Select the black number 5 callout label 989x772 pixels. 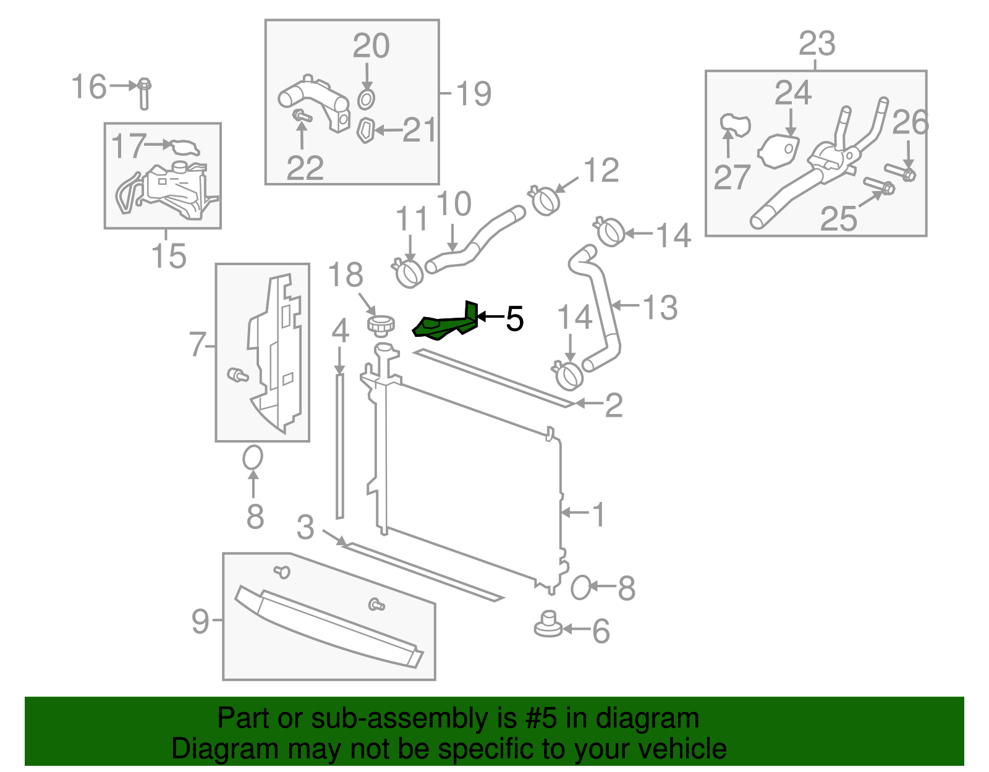pos(514,319)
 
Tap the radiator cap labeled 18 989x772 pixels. pos(381,323)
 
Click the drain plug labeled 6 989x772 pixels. pos(548,624)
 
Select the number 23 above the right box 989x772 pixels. pos(817,45)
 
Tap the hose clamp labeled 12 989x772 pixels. pos(546,200)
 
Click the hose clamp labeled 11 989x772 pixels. pos(408,273)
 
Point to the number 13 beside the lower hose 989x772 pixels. pos(660,307)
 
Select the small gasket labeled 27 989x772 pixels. pos(734,124)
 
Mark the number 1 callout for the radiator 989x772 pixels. pos(598,514)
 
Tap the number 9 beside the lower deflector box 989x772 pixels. pos(200,620)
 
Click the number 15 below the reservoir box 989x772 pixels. pos(169,256)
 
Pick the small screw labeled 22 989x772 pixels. pos(301,116)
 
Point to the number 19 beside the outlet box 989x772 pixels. pos(473,94)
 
